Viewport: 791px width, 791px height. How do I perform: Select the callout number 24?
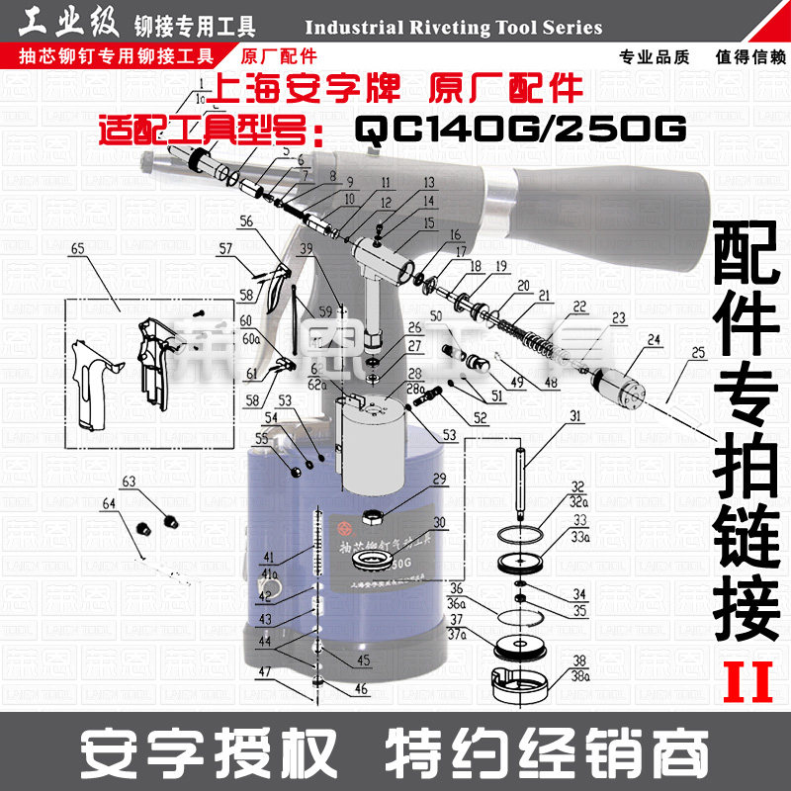pos(653,340)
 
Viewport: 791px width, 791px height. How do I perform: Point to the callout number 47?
pos(264,671)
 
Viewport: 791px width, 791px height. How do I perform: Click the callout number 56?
pos(246,220)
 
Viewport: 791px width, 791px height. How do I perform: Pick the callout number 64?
pos(109,504)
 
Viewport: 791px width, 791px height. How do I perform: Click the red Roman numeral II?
pos(747,681)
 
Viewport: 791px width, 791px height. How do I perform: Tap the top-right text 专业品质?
pos(654,55)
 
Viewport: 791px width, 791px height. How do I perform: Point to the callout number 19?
pos(501,266)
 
